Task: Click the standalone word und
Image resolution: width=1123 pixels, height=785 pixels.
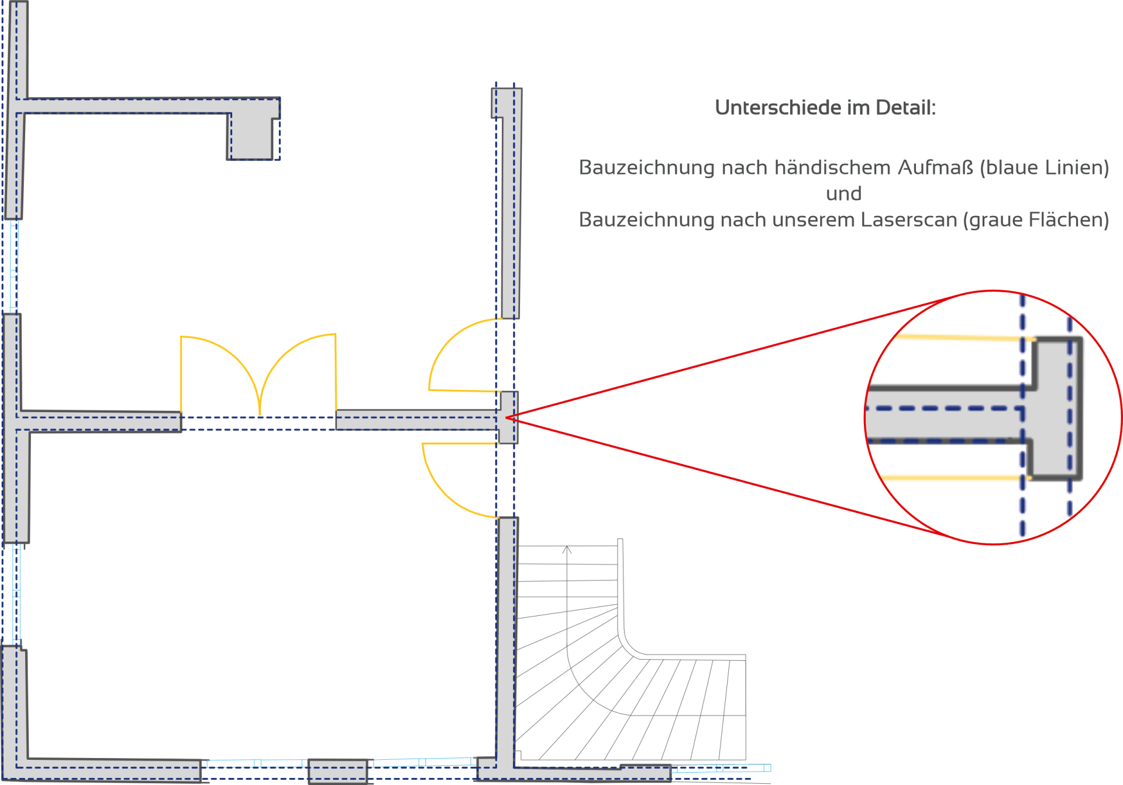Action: coord(843,194)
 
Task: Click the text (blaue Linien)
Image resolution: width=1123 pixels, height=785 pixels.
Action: coord(1044,168)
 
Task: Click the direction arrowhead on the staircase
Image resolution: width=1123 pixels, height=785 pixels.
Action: coord(567,550)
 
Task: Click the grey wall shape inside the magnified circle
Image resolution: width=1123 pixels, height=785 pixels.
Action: coord(1053,410)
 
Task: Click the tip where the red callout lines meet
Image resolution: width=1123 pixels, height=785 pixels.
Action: coord(507,417)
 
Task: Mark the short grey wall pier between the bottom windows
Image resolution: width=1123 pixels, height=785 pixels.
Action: coord(337,771)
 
